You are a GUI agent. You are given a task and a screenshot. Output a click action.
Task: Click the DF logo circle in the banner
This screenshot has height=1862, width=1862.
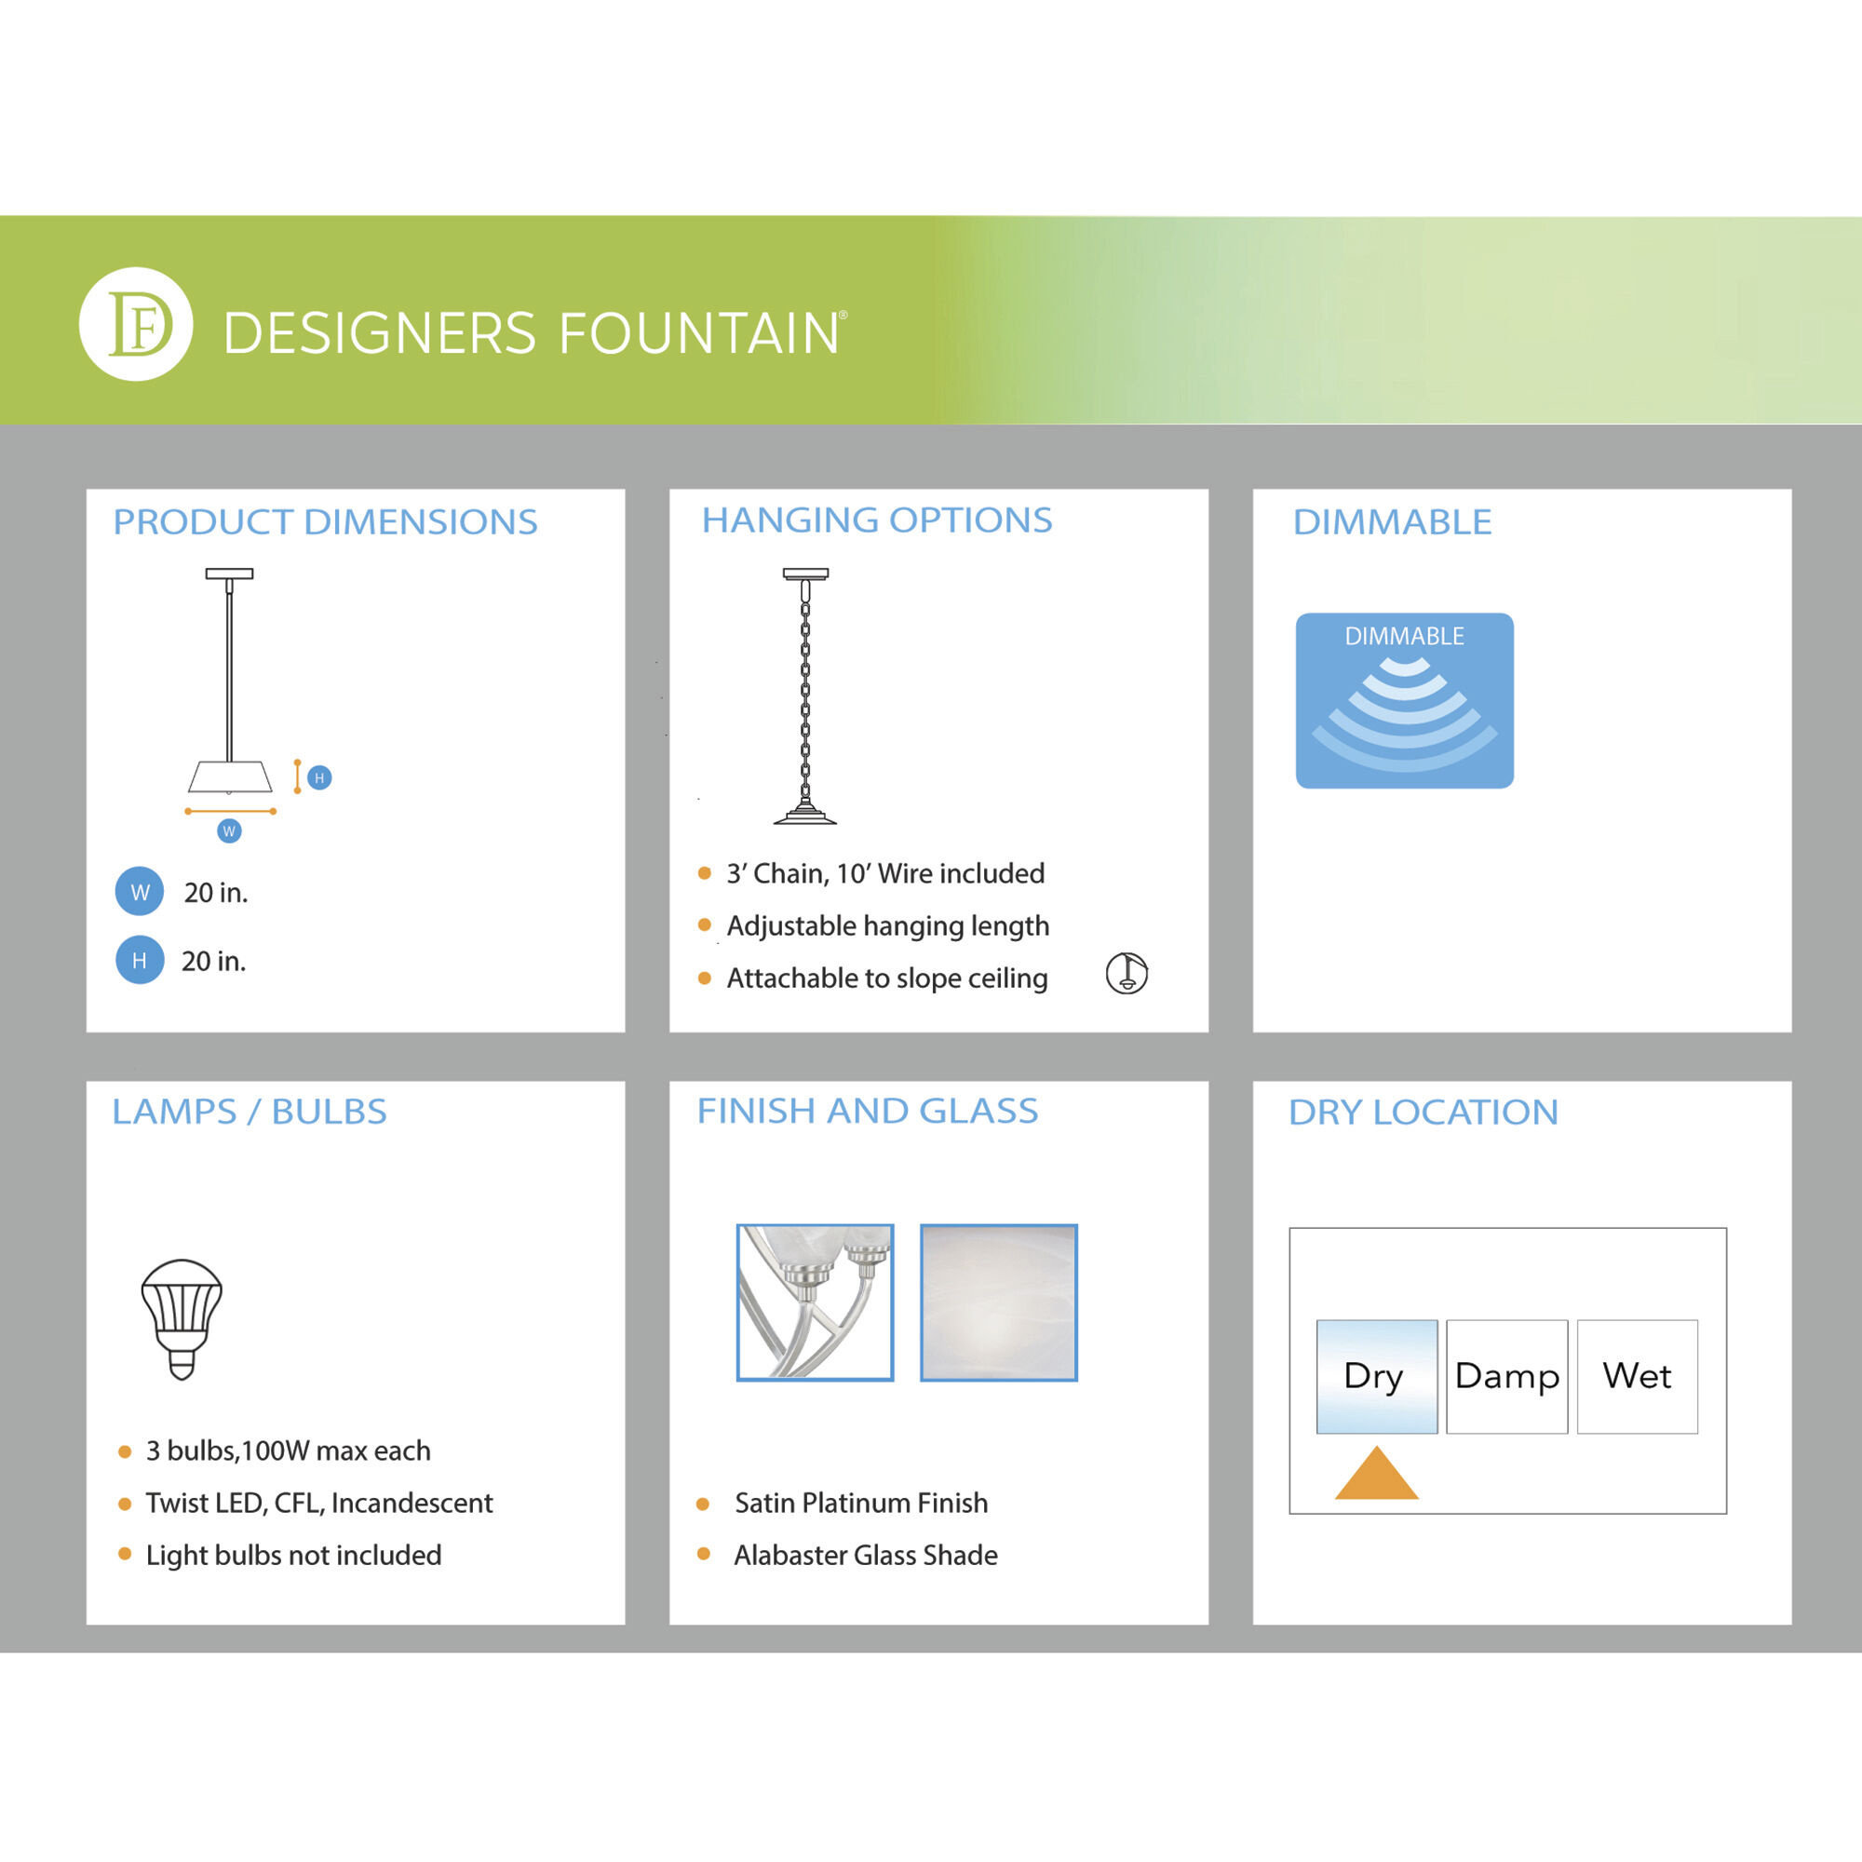click(136, 324)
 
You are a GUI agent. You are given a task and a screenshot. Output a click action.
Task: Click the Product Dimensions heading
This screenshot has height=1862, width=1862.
click(325, 521)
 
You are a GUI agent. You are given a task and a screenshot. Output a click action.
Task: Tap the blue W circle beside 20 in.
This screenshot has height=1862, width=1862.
click(140, 892)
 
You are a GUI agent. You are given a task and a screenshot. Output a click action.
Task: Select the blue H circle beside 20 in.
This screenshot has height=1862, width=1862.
click(140, 960)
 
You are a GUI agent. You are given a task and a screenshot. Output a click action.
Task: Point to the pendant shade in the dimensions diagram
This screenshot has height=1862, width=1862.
click(230, 776)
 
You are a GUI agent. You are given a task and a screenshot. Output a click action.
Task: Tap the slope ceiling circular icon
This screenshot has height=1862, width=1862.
click(1127, 973)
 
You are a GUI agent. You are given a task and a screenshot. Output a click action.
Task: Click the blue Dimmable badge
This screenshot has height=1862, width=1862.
click(1404, 701)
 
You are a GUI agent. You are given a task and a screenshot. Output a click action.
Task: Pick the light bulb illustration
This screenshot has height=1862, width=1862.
click(182, 1318)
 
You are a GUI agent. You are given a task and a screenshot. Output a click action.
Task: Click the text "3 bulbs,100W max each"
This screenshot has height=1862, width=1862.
click(289, 1450)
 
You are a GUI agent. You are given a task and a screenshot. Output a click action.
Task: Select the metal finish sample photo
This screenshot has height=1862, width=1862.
click(816, 1302)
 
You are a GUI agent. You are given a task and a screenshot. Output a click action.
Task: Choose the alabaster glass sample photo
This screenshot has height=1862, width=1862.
click(998, 1302)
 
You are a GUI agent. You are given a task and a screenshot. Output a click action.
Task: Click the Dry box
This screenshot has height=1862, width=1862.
click(1376, 1376)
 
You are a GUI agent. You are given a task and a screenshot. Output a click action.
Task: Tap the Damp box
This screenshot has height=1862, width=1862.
click(1507, 1376)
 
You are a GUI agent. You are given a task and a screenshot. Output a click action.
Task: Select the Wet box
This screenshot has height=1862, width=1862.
click(1638, 1376)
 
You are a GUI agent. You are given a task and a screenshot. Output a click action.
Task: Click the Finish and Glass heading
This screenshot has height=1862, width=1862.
click(868, 1111)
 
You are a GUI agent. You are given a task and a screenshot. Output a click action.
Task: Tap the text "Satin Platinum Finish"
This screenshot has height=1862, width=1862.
click(860, 1503)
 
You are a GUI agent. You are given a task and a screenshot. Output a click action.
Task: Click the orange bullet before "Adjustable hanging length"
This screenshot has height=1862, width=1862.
click(705, 925)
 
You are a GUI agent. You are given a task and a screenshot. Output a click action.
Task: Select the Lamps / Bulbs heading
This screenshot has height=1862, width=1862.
click(250, 1112)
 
